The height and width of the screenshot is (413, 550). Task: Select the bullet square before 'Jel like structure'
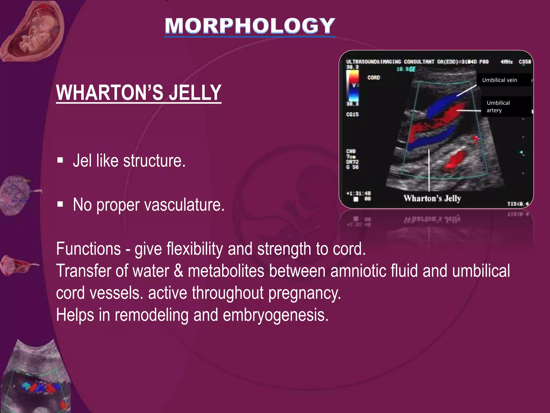coord(60,161)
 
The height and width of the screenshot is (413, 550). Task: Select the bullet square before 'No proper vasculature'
coord(60,204)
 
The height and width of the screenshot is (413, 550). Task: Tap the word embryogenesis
coord(276,315)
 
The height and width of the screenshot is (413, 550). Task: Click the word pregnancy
coord(305,293)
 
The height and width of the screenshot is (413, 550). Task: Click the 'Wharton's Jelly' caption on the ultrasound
coord(432,198)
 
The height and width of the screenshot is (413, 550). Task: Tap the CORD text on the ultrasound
coord(374,78)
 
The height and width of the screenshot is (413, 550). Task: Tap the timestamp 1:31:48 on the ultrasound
coord(359,193)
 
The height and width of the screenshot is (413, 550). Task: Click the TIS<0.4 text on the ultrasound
coord(518,204)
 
